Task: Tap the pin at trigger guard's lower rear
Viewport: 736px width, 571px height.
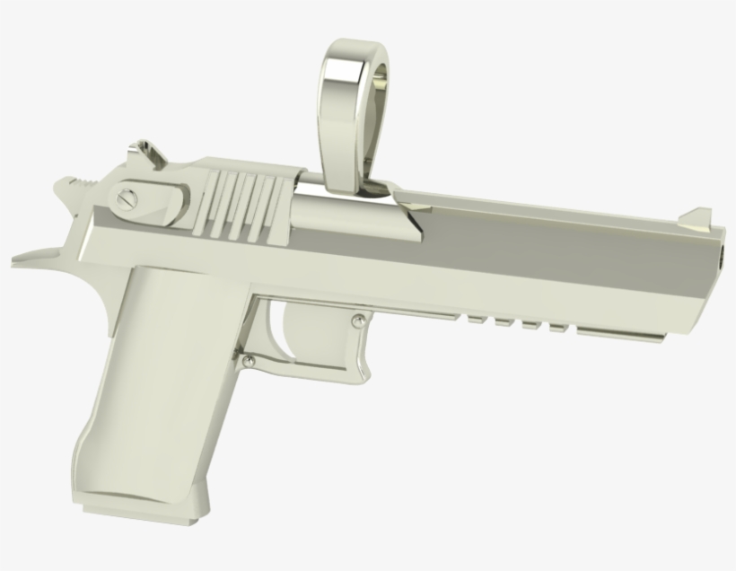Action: tap(250, 362)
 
